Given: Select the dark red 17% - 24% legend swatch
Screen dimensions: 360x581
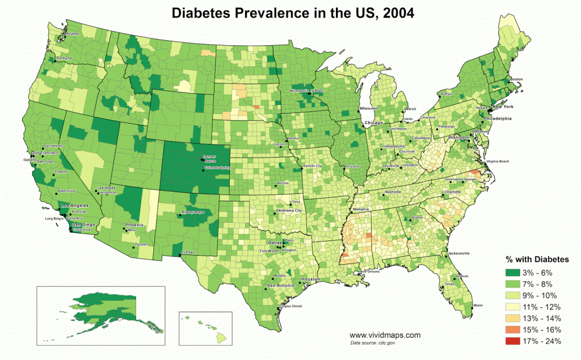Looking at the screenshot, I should click(514, 341).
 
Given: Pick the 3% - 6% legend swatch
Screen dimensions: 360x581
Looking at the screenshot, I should click(514, 273).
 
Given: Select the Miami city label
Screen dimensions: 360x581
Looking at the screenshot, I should click(478, 306).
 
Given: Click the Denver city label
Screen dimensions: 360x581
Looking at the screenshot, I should click(209, 156).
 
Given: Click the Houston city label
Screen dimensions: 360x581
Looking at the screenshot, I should click(310, 280).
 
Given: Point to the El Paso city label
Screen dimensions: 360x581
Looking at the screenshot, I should click(188, 252).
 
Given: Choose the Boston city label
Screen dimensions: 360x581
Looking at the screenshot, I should click(516, 79).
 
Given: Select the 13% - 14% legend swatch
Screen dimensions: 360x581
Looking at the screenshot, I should click(514, 318).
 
